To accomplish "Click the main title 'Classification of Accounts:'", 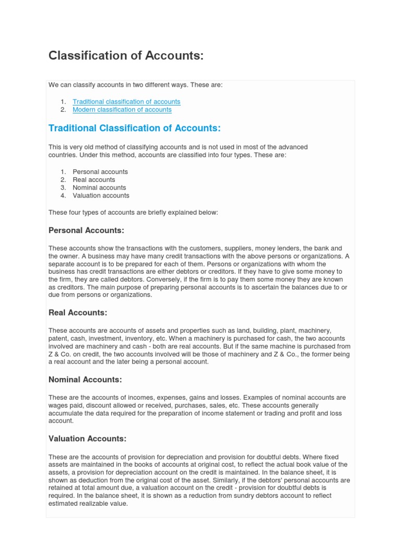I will pos(126,55).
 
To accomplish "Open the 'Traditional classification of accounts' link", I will pos(126,101).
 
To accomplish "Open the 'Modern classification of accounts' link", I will pos(122,110).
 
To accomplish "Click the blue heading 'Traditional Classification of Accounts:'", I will pos(135,129).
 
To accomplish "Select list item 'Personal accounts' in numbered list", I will pos(100,172).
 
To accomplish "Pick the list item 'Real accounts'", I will pos(93,180).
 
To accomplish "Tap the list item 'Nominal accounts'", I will pos(99,188).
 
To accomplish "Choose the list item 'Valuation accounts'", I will pos(101,195).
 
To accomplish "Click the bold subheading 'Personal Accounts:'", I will pos(86,230).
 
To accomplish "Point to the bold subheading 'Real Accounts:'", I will pos(78,313).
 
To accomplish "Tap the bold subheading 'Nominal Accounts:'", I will pos(85,380).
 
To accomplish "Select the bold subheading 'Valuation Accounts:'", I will pos(87,439).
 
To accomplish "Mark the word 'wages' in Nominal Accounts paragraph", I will pos(58,405).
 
